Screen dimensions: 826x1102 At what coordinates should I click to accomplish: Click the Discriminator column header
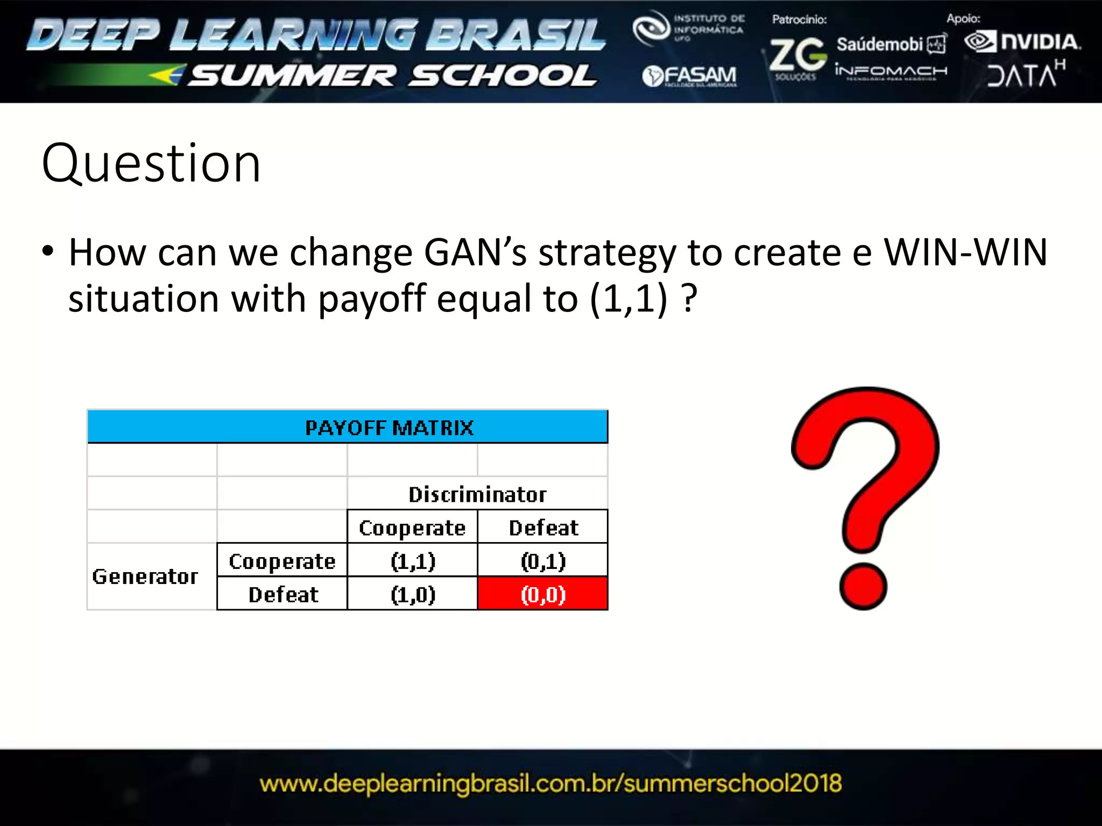coord(477,494)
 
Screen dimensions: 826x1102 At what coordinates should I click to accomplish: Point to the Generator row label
coord(145,576)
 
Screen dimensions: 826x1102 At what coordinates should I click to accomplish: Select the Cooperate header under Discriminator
coord(412,528)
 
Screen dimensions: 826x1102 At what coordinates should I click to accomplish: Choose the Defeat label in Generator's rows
coord(283,594)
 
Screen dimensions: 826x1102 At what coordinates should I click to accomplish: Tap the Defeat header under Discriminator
coord(543,528)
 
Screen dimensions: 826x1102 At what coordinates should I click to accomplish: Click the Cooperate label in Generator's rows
coord(282,561)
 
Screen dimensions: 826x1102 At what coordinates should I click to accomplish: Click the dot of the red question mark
coord(863,586)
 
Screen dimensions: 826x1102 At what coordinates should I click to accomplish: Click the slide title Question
coord(151,163)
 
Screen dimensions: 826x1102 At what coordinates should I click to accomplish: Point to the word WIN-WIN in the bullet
coord(966,252)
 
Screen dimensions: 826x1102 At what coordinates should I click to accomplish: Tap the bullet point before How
coord(48,252)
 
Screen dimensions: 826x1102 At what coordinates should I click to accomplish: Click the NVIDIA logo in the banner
coord(1022,42)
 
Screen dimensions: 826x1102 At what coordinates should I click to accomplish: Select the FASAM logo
coord(689,76)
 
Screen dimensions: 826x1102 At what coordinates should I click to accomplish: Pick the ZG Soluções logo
coord(797,57)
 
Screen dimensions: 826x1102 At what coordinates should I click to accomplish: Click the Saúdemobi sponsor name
coord(880,44)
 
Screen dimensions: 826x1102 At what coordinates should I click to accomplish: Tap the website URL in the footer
coord(550,784)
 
